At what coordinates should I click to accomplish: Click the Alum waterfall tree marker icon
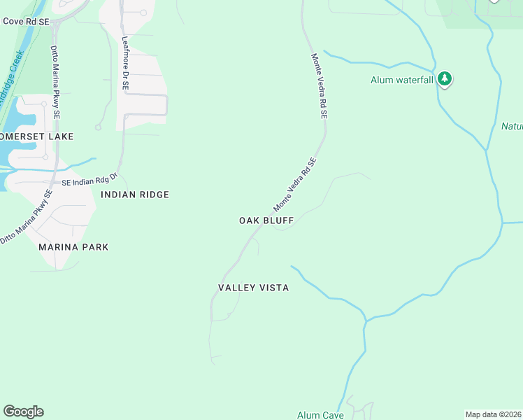tap(445, 78)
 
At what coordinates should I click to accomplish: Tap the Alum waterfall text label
tap(402, 80)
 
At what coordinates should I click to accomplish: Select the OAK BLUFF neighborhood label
tap(266, 220)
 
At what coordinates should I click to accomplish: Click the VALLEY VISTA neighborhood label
tap(253, 288)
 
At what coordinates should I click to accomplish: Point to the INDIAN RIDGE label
tap(135, 195)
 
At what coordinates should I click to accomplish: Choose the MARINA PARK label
tap(74, 247)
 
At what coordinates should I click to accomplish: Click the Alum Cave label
tap(320, 415)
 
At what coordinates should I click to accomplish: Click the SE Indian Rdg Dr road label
tap(89, 179)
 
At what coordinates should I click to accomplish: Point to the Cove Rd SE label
tap(26, 22)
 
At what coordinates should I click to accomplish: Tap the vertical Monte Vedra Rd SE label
tap(320, 86)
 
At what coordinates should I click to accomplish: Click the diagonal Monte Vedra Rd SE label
tap(295, 185)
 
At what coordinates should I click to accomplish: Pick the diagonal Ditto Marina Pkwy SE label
tap(27, 218)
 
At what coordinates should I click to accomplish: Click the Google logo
tap(23, 412)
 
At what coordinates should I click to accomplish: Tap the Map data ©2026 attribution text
tap(494, 414)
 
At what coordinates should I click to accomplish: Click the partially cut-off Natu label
tap(512, 127)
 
